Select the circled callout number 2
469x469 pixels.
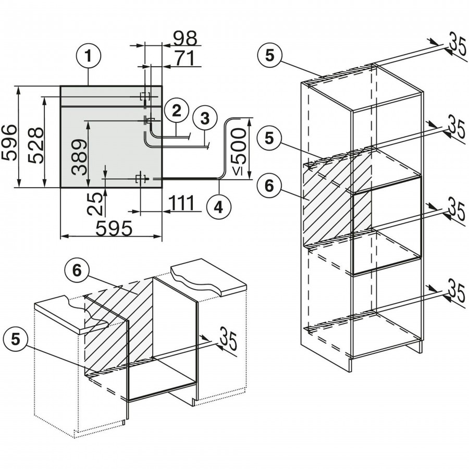coord(177,110)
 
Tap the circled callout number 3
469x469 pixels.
coord(204,118)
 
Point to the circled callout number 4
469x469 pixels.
coord(218,206)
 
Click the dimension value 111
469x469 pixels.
coord(181,202)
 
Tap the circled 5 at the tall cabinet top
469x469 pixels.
coord(269,56)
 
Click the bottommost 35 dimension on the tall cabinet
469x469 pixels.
coord(456,292)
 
